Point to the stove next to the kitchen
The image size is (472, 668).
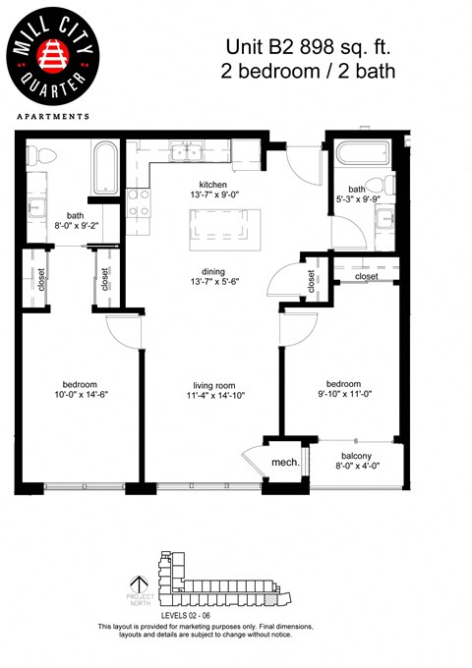(x=139, y=201)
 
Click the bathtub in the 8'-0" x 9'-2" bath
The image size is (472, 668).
(x=103, y=167)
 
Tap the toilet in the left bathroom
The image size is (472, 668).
(x=38, y=154)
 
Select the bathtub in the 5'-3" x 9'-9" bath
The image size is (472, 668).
(x=362, y=154)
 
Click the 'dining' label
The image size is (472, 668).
(x=213, y=272)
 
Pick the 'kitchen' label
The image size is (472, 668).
(x=213, y=184)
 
